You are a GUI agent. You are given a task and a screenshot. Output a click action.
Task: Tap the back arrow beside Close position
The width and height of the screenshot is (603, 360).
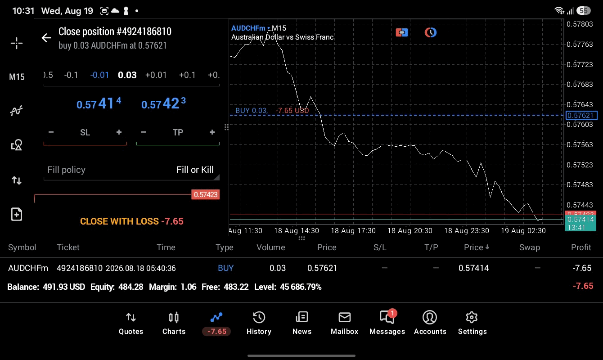tap(46, 38)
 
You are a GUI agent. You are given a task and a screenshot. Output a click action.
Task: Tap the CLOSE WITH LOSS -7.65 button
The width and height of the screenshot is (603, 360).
tap(132, 221)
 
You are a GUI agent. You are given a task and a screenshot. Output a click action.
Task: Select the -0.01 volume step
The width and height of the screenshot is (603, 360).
tap(99, 75)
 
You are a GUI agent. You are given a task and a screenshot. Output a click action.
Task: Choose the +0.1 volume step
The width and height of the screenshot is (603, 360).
tap(187, 75)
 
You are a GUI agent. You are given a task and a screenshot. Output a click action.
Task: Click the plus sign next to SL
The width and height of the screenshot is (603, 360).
tap(119, 132)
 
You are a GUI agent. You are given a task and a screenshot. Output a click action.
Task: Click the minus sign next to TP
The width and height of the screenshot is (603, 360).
tap(144, 132)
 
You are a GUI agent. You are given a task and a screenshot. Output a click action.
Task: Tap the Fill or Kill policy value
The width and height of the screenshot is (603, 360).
tap(195, 170)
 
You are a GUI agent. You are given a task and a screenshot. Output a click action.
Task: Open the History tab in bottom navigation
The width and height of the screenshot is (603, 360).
tap(259, 323)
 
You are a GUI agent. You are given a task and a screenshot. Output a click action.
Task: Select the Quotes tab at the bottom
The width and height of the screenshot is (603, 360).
tap(131, 323)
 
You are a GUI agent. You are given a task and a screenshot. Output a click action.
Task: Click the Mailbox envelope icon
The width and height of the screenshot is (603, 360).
tap(345, 317)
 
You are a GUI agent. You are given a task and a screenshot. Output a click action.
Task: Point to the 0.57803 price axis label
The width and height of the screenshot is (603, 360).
tap(580, 24)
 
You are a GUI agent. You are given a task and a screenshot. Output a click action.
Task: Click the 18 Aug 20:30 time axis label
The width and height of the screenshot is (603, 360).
tap(409, 231)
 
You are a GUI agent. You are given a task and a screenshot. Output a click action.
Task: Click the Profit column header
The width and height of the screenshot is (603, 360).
tap(581, 247)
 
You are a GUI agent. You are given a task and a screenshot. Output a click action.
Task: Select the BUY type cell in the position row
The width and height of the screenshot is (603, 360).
tap(225, 268)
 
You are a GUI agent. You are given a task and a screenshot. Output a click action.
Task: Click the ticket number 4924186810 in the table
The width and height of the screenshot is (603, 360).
tap(80, 268)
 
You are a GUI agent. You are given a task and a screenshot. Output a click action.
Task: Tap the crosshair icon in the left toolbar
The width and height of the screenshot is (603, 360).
tap(17, 43)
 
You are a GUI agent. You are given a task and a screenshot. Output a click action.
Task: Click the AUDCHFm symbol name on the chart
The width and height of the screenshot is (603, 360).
tap(248, 28)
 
